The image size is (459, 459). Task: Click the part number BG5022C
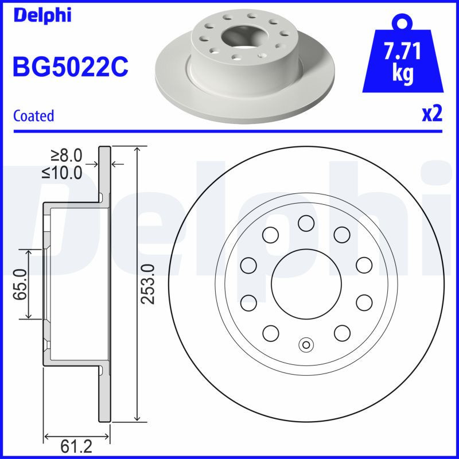(x=70, y=68)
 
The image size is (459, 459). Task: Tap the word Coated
(x=33, y=116)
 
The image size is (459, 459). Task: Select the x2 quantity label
(x=432, y=114)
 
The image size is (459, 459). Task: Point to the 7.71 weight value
(x=402, y=53)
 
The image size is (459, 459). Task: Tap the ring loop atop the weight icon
(x=402, y=24)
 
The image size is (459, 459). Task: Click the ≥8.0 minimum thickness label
(x=67, y=155)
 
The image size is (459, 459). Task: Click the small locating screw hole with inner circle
(x=306, y=345)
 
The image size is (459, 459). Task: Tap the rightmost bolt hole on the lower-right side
(x=365, y=302)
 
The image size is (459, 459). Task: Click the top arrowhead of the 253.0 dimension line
(x=137, y=151)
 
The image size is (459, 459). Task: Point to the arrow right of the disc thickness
(x=118, y=165)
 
